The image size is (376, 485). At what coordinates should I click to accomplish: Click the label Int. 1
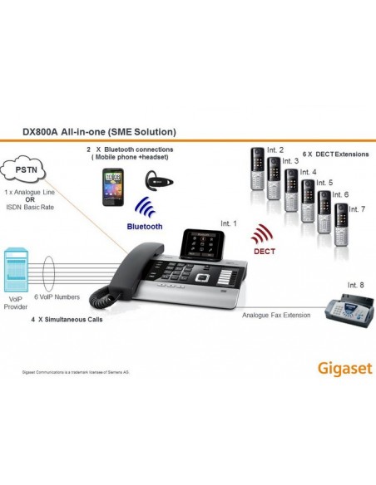[228, 223]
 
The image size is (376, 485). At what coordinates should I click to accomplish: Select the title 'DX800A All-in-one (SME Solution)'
[97, 131]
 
